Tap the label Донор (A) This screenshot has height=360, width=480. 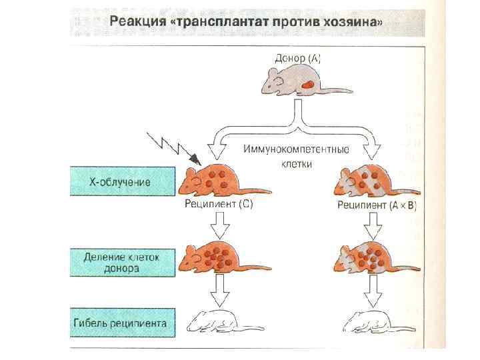(x=297, y=58)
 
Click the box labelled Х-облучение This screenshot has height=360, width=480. (x=120, y=181)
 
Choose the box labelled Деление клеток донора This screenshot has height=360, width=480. (x=120, y=263)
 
